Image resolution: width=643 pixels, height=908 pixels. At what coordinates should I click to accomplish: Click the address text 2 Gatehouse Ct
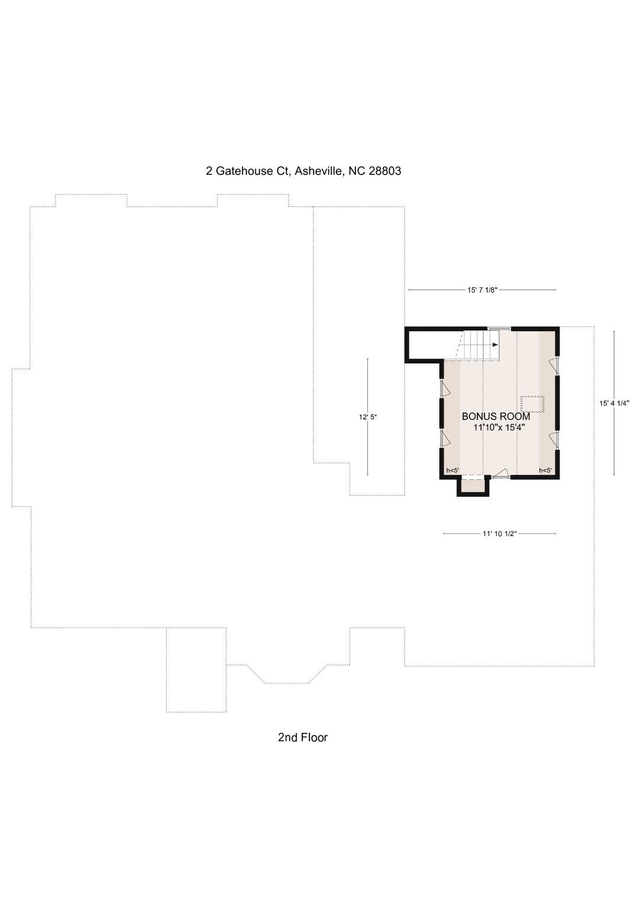(x=247, y=171)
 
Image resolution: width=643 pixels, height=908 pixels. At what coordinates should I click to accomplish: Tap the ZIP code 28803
(x=384, y=171)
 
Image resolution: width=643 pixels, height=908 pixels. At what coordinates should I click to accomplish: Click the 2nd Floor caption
(x=303, y=737)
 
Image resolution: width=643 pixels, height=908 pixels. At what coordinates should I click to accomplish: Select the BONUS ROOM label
(x=496, y=417)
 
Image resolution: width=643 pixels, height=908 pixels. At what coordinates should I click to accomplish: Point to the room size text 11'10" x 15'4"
(x=499, y=427)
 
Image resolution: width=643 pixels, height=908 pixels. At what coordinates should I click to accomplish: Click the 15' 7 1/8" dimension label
(x=482, y=290)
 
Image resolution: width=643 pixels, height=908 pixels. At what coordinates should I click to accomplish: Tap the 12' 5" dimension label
(x=368, y=417)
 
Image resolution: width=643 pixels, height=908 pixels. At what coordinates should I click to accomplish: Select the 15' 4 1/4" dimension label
(x=614, y=403)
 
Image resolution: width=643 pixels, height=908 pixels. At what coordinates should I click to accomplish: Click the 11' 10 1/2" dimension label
(x=499, y=534)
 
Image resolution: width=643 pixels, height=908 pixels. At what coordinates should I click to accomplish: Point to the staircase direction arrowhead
(x=495, y=345)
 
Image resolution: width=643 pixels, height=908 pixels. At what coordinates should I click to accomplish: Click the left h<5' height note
(x=453, y=471)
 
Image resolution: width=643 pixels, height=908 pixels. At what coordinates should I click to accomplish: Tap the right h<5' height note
(x=545, y=471)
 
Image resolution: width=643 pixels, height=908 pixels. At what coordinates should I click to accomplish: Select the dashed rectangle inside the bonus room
(x=532, y=404)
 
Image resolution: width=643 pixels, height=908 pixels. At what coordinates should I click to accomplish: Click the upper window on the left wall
(x=442, y=388)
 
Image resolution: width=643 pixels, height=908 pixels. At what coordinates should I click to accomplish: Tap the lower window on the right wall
(x=557, y=440)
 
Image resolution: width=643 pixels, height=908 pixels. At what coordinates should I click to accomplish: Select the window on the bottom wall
(x=501, y=476)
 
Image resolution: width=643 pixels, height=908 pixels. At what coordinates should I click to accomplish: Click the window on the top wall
(x=499, y=328)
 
